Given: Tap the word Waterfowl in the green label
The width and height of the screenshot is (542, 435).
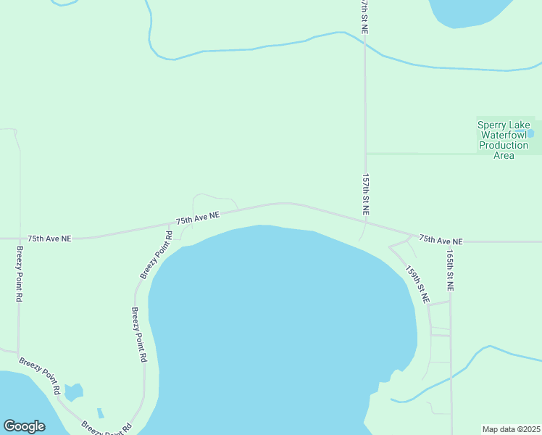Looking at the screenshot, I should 504,135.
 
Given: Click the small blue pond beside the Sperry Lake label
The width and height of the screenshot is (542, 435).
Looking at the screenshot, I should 531,133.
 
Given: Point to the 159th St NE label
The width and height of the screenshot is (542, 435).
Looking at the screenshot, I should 417,284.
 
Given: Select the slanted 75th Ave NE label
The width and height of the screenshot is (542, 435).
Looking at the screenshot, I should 198,218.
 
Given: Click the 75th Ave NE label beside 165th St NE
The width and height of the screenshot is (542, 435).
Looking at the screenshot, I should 440,240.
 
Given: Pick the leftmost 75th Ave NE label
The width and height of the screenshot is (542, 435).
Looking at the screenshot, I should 50,238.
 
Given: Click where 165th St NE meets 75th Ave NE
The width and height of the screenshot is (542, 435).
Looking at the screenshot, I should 450,241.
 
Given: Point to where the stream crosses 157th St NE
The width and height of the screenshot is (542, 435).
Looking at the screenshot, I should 365,45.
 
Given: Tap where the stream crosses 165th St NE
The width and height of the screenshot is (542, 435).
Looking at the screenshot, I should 451,376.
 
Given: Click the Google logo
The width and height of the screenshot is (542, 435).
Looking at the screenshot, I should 24,426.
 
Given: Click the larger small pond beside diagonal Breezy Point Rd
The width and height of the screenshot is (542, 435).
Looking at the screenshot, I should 72,393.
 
